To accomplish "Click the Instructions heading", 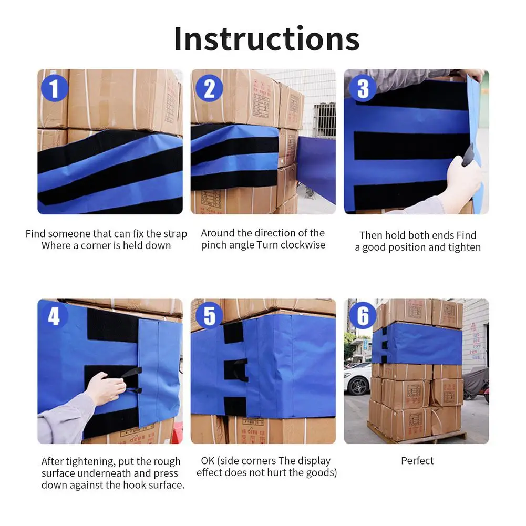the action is [x=267, y=39].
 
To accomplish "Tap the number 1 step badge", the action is [x=54, y=88].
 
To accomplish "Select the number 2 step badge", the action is [x=209, y=88].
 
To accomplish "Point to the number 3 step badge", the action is [x=363, y=88].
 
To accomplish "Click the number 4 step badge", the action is [x=54, y=316].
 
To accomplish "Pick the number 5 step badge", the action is [x=209, y=316].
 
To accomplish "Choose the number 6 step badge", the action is [x=363, y=316].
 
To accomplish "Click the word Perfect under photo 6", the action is [x=417, y=461].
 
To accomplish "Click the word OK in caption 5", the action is [x=208, y=461].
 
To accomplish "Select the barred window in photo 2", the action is [x=324, y=120].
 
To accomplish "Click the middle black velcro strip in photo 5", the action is [x=236, y=370].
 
